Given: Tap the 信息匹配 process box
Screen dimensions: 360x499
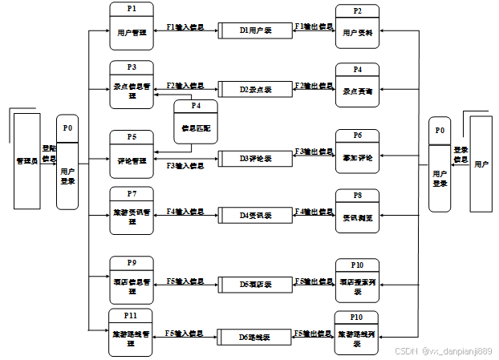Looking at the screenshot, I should pos(195,123).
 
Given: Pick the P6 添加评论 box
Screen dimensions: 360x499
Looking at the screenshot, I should pos(357,152).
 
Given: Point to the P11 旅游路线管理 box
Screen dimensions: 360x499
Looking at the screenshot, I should pos(132,333).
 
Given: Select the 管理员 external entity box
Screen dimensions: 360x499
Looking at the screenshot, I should pos(27,161).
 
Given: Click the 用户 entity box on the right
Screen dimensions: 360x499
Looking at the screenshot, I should pos(481,164).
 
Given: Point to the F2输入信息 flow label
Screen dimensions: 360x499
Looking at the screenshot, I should pos(185,85).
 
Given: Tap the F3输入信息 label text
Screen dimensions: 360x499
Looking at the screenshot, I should pos(185,166).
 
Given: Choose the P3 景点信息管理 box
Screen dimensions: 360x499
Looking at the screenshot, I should pos(132,86).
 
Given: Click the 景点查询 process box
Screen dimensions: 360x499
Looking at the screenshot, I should pos(357,86).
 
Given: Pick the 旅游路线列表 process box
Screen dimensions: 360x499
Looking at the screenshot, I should pos(357,334).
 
